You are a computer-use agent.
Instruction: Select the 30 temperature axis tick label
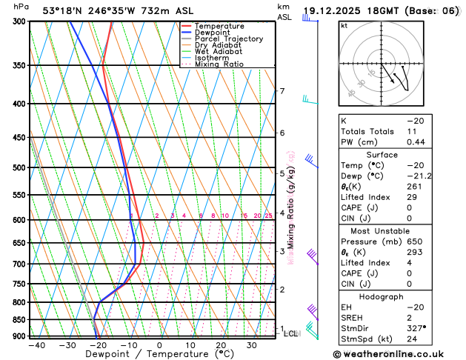[x=252, y=345]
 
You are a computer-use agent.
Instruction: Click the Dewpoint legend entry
[x=213, y=32]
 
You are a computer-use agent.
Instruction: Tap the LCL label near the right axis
[x=291, y=334]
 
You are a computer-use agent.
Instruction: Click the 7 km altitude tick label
[x=282, y=91]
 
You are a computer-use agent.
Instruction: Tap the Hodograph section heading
[x=398, y=296]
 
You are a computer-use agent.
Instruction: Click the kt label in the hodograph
[x=344, y=25]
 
